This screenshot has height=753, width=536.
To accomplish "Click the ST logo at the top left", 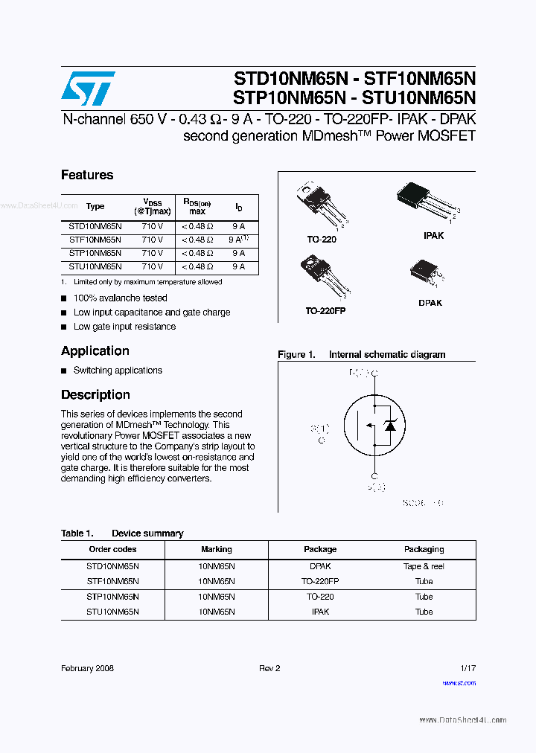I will tap(88, 89).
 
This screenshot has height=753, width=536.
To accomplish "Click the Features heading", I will tap(87, 175).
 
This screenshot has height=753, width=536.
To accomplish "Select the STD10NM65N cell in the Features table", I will tap(95, 226).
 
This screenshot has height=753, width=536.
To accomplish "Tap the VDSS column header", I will tap(152, 206).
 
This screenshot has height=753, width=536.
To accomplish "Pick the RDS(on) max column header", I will tap(197, 206).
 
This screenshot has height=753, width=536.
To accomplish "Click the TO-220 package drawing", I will tap(322, 205).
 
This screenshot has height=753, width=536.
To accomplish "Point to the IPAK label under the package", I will tap(433, 235).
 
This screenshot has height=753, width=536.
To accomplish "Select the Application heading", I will tap(95, 351).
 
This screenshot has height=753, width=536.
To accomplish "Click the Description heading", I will tap(95, 395).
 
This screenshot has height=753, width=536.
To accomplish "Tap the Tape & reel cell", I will tap(424, 566).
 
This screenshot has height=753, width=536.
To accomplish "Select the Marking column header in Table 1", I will tap(217, 549).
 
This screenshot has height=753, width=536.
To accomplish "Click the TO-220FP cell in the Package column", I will tap(320, 581).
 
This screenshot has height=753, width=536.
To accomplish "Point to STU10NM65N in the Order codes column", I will tap(112, 612).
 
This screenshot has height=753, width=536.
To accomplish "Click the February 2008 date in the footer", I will tap(87, 668).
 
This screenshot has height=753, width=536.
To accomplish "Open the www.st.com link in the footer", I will tap(459, 682).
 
